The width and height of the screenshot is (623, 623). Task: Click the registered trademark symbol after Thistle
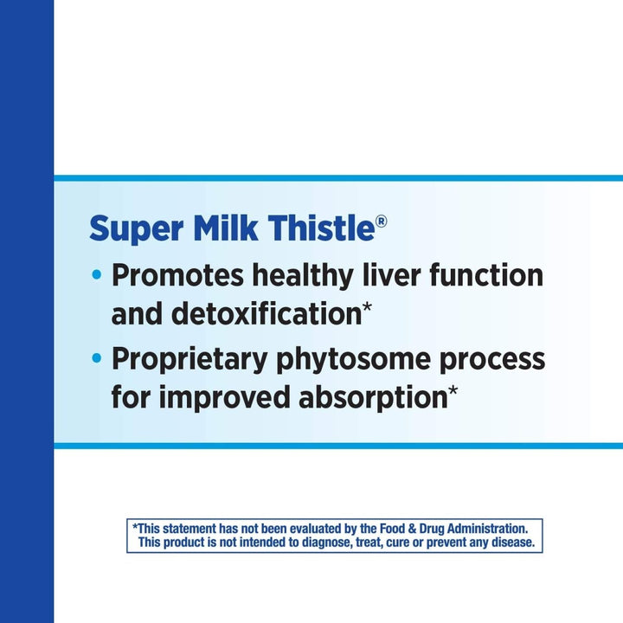click(382, 222)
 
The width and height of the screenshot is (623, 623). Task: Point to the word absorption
click(371, 397)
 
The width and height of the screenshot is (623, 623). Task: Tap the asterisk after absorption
click(453, 392)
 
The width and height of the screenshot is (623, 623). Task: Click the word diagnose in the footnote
click(337, 543)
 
